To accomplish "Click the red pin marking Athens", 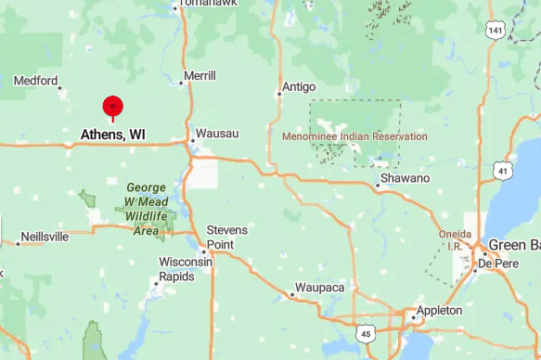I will [x=113, y=106].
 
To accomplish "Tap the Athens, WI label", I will [x=112, y=135].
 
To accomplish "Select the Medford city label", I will [x=36, y=81].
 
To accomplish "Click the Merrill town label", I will [x=200, y=76].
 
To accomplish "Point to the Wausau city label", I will [x=217, y=135].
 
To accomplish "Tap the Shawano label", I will [x=406, y=178].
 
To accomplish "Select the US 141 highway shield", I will [x=495, y=32].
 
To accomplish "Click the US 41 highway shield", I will [x=503, y=171].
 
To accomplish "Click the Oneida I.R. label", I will [x=455, y=239].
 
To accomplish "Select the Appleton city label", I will [x=439, y=310].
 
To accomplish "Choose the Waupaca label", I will [x=319, y=289].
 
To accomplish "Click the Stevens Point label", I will [x=227, y=236].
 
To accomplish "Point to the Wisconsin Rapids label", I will [x=186, y=269].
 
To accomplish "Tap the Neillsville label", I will [x=45, y=237].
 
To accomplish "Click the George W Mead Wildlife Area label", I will [x=147, y=209].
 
